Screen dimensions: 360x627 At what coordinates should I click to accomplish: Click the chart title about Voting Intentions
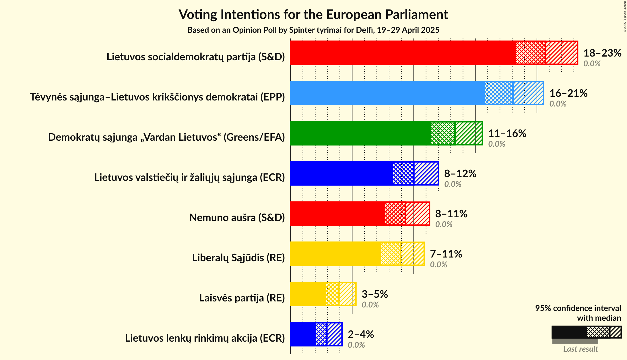tap(313, 14)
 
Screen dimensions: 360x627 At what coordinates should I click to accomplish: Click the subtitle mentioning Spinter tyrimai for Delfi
tap(313, 30)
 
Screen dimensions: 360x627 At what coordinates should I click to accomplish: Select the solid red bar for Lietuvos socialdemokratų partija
tap(402, 53)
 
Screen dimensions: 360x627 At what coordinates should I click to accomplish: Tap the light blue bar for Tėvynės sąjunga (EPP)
tap(387, 93)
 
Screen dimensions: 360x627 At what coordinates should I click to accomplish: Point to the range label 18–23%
tap(602, 53)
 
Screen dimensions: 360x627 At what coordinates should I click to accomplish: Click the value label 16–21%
tap(568, 93)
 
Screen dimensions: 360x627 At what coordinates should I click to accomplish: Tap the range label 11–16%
tap(507, 133)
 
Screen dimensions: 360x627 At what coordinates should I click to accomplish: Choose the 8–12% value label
tap(460, 174)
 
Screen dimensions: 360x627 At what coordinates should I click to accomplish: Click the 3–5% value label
tap(374, 294)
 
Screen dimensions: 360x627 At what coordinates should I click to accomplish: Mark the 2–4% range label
tap(361, 334)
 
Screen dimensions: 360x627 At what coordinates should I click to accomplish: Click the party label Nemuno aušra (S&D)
tap(237, 218)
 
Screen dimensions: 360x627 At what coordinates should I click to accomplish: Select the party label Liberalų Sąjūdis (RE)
tap(238, 258)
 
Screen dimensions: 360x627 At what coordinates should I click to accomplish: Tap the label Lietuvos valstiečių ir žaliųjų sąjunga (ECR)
tap(189, 177)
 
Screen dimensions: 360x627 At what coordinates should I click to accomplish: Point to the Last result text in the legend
tap(581, 349)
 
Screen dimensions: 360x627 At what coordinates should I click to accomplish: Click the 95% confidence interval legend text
tap(578, 308)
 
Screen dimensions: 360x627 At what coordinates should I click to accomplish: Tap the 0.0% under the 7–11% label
tap(438, 264)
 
